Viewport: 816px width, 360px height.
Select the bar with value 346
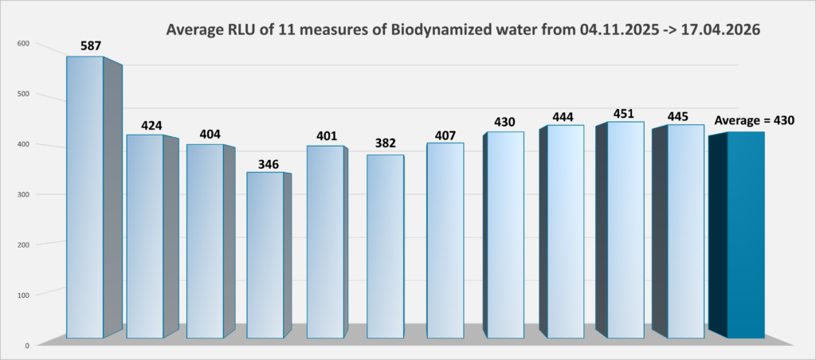pos(265,255)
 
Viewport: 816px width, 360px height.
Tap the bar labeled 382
pos(386,246)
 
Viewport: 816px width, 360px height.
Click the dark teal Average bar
pos(745,234)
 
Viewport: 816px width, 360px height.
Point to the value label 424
pos(151,125)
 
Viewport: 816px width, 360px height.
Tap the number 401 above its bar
pos(327,136)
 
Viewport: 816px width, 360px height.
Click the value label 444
pos(563,116)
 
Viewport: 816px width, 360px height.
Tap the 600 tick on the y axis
pos(22,43)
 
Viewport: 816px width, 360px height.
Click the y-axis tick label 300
pos(22,194)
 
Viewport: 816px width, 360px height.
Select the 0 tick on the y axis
pos(26,346)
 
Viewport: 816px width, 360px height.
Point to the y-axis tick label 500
pos(22,94)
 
